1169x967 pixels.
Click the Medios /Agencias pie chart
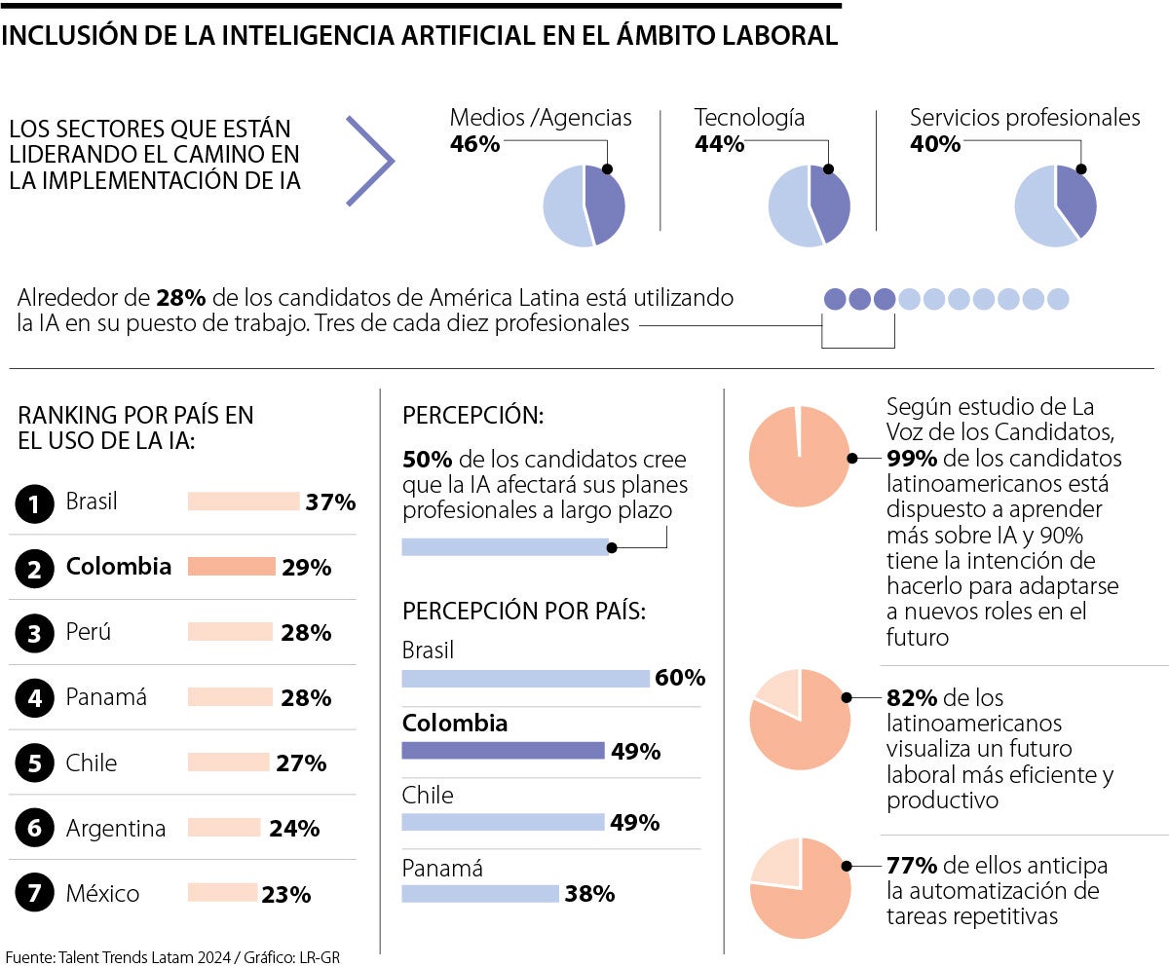pos(584,205)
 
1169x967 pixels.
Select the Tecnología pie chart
pos(809,205)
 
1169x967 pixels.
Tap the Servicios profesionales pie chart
pos(1055,205)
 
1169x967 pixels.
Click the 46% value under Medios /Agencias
pos(474,144)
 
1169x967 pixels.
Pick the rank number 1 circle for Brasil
pos(35,503)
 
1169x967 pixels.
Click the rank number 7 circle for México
pos(35,894)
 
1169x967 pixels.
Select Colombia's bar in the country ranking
pos(231,567)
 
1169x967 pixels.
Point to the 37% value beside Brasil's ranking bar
pos(330,502)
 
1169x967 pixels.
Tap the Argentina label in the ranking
pos(116,829)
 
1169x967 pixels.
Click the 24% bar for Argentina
pos(224,828)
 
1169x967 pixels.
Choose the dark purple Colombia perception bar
pos(503,750)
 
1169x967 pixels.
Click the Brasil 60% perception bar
pos(525,678)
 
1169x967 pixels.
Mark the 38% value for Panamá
pos(589,893)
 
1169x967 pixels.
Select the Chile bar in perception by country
pos(503,822)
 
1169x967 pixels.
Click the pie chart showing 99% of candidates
pos(799,457)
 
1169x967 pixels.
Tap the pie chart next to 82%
pos(799,720)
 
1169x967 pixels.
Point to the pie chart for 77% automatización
pos(799,888)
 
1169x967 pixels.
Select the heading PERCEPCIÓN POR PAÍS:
pos(524,612)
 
